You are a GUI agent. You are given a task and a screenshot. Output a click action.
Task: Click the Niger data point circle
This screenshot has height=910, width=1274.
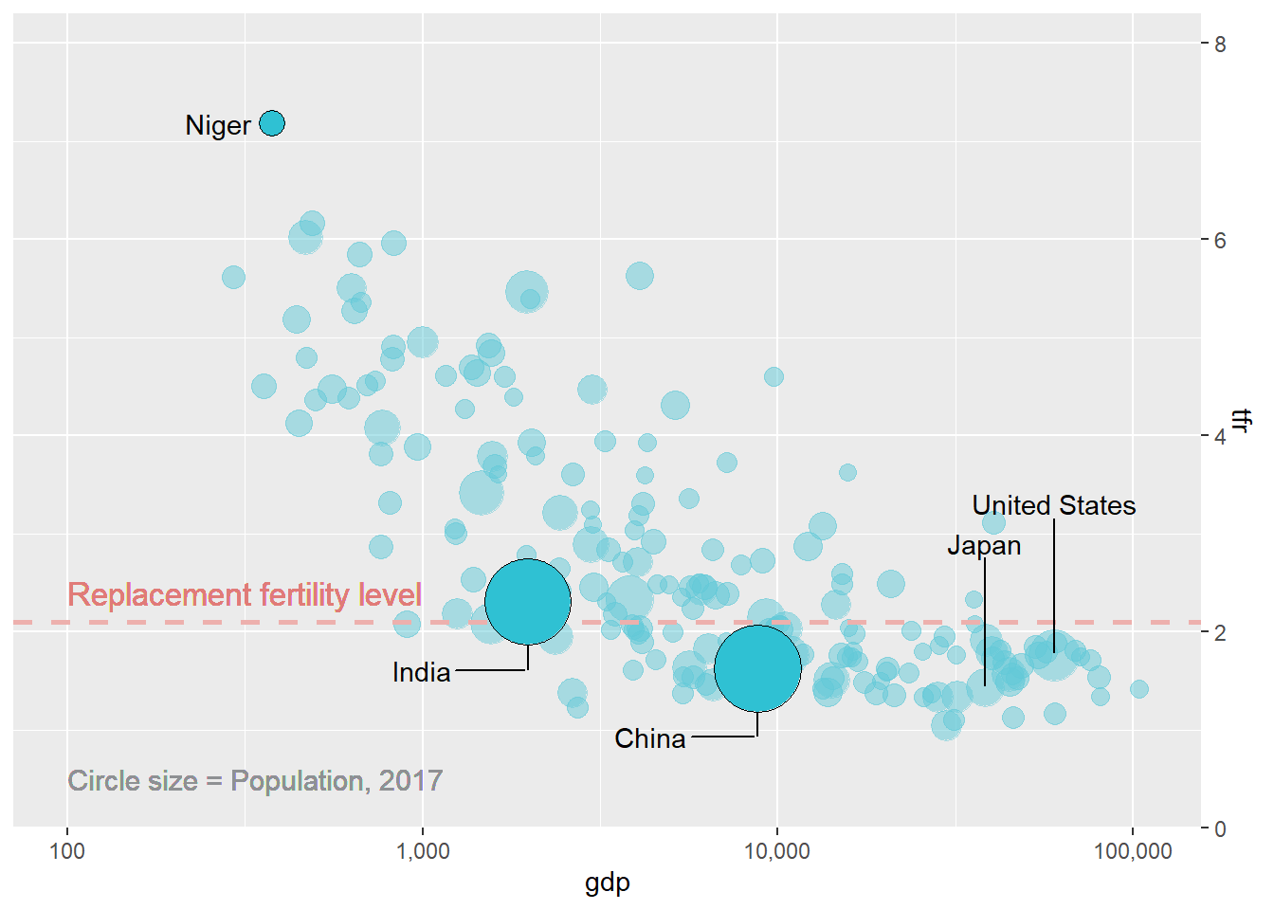point(272,123)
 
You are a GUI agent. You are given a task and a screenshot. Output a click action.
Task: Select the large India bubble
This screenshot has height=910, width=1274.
point(528,602)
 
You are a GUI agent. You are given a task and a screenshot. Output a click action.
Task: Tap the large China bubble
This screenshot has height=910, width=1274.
point(757,668)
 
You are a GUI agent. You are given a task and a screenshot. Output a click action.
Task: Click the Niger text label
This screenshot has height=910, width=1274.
point(218,125)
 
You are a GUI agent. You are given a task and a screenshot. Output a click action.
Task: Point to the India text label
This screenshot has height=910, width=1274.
point(421,672)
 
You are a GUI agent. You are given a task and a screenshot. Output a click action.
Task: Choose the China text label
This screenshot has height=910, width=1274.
point(649,738)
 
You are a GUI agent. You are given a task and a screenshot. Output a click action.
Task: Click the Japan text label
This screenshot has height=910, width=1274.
point(984,545)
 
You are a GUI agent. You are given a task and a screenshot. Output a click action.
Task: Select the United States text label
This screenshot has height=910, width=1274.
point(1053,505)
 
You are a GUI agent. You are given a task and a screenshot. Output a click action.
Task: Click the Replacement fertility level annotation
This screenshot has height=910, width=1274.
point(245,594)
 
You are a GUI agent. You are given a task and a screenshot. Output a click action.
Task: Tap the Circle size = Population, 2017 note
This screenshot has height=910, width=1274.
point(255,780)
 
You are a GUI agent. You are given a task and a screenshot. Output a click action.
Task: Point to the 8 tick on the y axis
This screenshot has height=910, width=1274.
point(1220,45)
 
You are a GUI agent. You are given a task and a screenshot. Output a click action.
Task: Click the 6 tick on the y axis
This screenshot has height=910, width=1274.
point(1220,240)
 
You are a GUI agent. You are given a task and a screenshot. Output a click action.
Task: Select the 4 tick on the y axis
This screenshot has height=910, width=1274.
point(1220,436)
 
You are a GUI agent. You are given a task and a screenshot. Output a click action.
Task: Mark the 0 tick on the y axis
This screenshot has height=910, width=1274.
point(1220,828)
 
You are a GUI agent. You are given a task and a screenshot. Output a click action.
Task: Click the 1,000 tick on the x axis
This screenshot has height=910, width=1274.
point(423,850)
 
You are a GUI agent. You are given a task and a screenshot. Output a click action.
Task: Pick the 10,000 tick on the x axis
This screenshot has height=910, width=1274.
point(777,850)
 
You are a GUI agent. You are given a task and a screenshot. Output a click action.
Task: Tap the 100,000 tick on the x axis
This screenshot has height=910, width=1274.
point(1133,850)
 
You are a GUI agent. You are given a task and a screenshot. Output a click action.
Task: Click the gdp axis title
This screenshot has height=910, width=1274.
point(608,883)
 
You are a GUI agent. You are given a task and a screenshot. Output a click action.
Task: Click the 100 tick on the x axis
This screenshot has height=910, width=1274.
point(67,850)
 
